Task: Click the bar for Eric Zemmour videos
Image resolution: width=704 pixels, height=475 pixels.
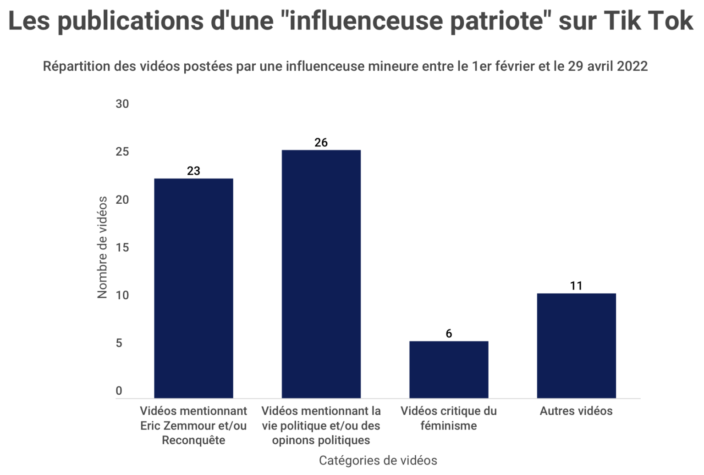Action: point(193,288)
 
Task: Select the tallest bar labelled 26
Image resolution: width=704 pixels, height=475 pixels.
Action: point(321,274)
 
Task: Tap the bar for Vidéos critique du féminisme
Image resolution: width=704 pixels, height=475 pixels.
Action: point(449,369)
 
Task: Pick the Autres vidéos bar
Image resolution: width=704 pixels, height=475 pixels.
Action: point(576,345)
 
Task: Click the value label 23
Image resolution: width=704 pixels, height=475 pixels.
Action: point(193,171)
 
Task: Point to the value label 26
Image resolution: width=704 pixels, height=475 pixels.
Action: point(321,142)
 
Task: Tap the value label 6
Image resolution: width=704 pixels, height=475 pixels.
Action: point(449,333)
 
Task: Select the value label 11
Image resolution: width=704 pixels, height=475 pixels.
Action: point(576,285)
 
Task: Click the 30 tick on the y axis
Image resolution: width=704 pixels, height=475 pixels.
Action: point(122,104)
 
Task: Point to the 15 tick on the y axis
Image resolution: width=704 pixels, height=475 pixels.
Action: point(122,247)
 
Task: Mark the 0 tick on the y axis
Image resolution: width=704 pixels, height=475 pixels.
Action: point(119,391)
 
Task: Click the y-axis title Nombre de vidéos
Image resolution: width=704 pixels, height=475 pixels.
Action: point(102,247)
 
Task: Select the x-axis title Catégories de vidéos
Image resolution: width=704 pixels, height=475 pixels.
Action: point(378,460)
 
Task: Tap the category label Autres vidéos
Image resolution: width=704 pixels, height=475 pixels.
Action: point(576,411)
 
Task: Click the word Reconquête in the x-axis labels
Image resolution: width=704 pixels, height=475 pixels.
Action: point(193,440)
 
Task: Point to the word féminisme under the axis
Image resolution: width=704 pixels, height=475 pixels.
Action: point(449,425)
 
